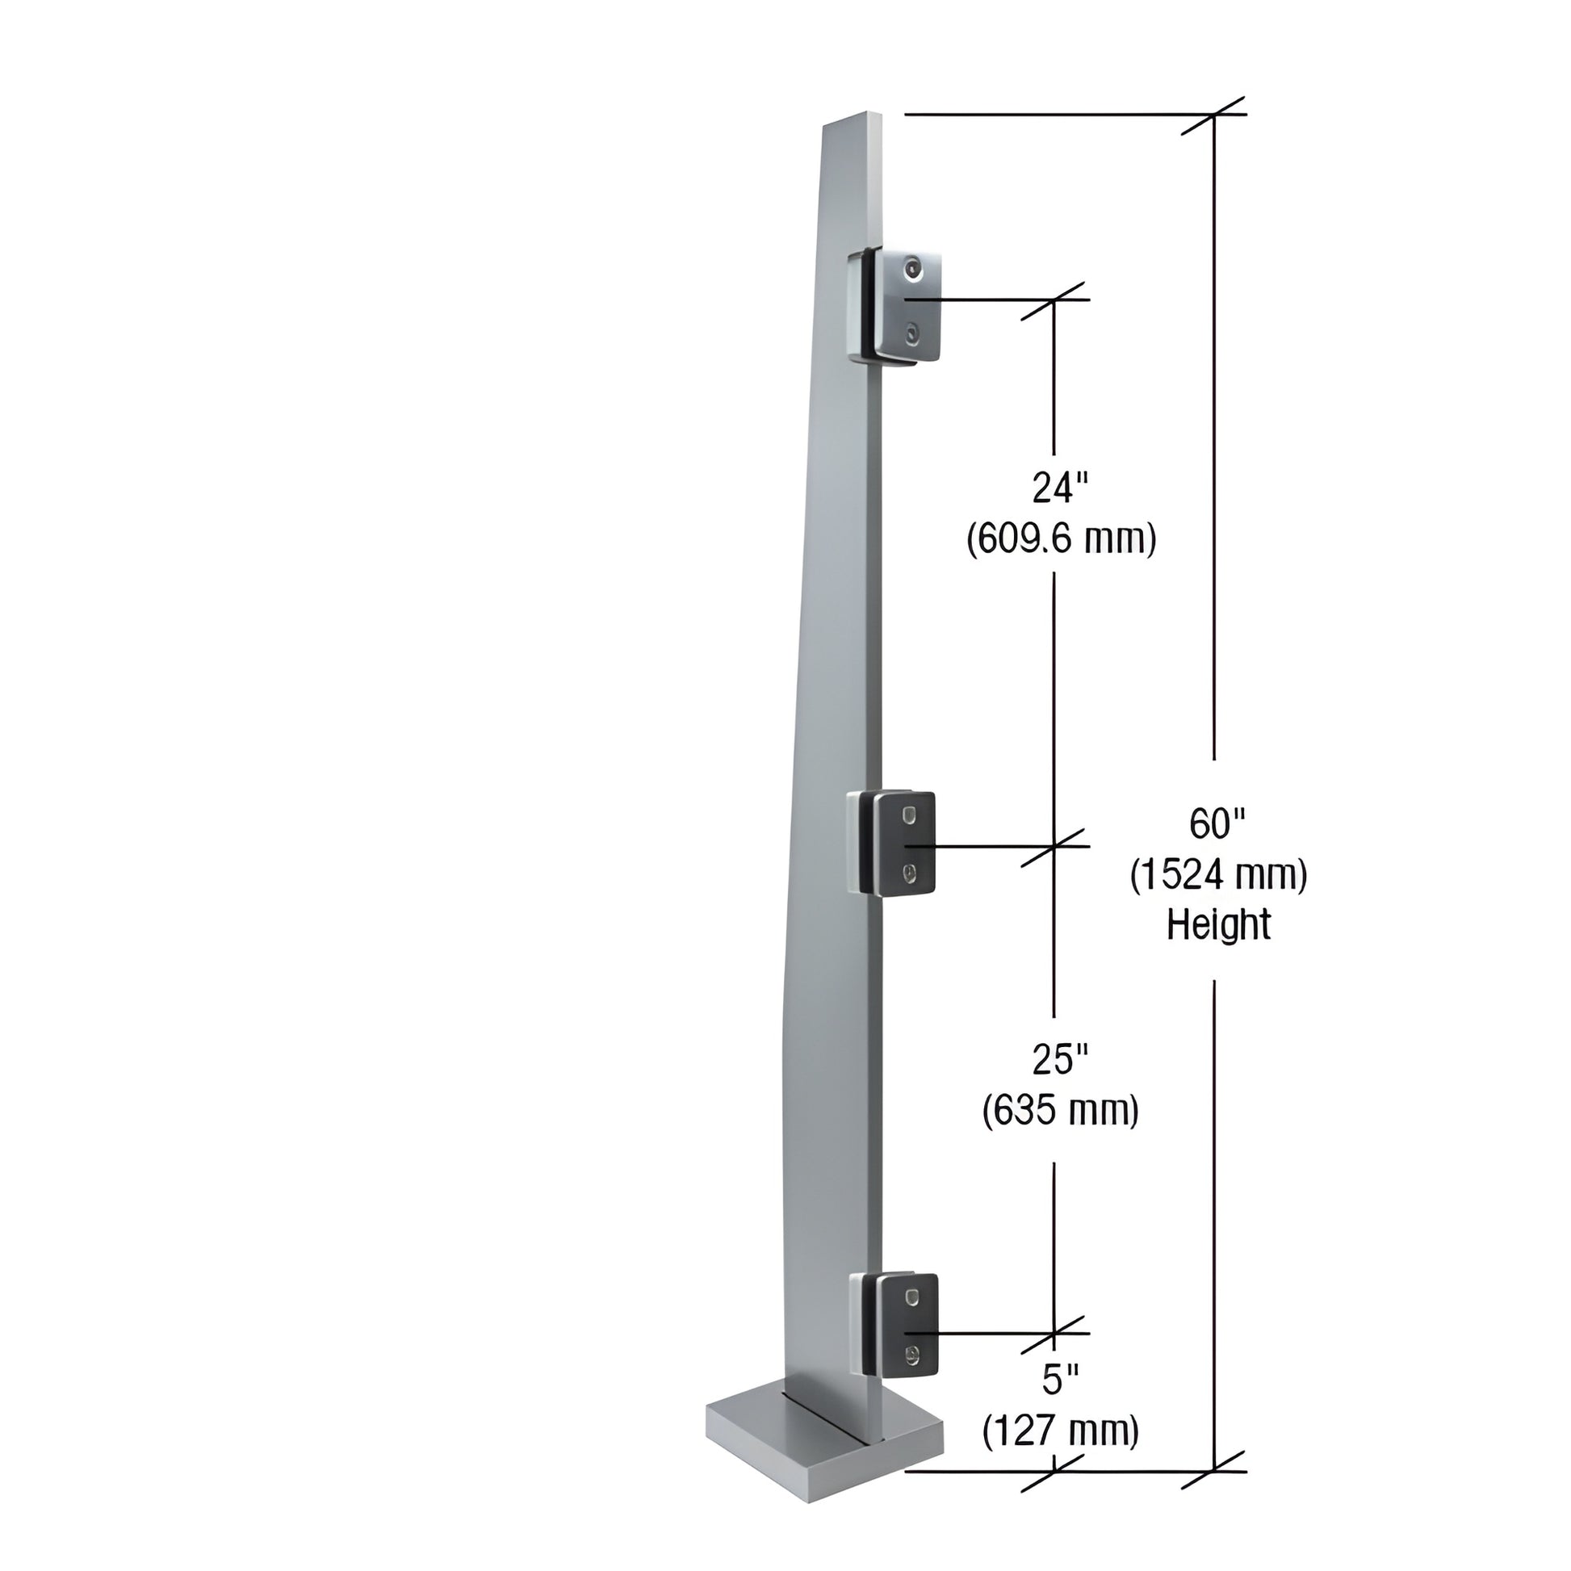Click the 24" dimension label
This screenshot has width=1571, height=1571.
click(1059, 488)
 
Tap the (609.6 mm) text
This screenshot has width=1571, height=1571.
click(1061, 538)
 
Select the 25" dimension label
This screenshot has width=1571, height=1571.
click(1059, 1059)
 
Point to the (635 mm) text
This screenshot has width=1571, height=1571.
click(1060, 1110)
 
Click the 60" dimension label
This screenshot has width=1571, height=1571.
click(1217, 824)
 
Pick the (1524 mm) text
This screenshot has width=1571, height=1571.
click(1218, 875)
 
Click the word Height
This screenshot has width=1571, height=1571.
click(1218, 925)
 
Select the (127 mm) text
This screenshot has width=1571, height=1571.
click(1060, 1431)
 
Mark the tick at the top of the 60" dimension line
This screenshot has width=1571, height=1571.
click(1214, 115)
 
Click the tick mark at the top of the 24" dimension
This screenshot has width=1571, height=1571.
click(1054, 300)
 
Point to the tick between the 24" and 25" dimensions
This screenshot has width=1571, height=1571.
click(1054, 847)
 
